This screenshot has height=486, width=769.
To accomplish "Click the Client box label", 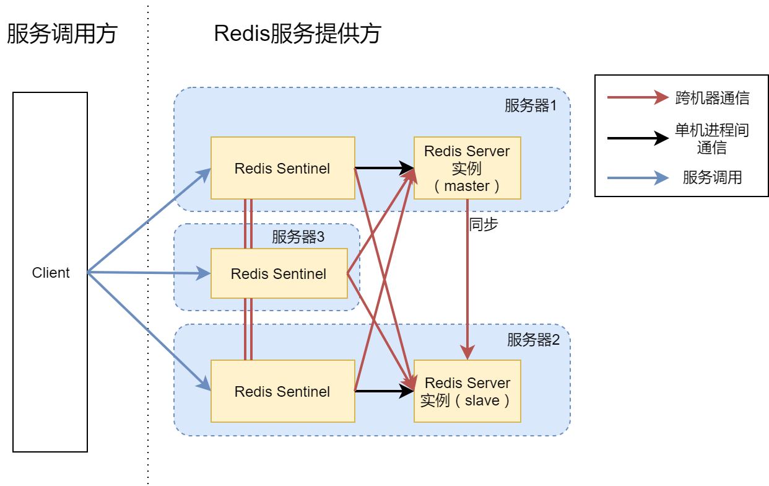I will pos(51,273).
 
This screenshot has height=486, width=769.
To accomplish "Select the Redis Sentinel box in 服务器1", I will pos(282,168).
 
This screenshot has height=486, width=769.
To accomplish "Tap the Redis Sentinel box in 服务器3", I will pos(279,273).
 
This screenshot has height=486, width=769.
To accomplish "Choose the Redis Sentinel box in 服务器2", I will pos(282,391).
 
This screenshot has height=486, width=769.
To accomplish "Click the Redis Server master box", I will pos(467,168).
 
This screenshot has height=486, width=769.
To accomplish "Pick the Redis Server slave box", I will pos(467,391).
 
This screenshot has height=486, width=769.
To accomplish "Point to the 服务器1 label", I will pos(531,106).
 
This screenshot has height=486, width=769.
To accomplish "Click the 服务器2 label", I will pos(533,340).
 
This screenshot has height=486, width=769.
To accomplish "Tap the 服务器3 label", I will pos(298,237).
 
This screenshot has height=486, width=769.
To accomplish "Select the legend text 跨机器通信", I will pos(712,98).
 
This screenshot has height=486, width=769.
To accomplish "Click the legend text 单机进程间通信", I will pos(712,139).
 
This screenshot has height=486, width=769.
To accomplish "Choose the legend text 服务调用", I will pos(712,178).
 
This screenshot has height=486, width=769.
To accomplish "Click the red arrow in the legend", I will pos(638,98).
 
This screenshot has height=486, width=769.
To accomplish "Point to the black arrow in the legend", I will pos(638,138).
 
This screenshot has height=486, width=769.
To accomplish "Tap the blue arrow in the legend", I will pos(638,178).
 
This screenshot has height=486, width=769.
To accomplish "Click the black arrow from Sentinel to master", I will pos(384,168).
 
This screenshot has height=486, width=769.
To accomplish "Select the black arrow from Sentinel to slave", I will pos(384,391).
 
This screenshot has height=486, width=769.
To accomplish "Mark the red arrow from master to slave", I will pos(467,279).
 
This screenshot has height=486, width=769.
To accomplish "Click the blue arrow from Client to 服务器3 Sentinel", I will pos(149,273).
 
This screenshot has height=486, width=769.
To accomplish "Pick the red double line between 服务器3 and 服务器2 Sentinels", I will pos(248,329).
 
